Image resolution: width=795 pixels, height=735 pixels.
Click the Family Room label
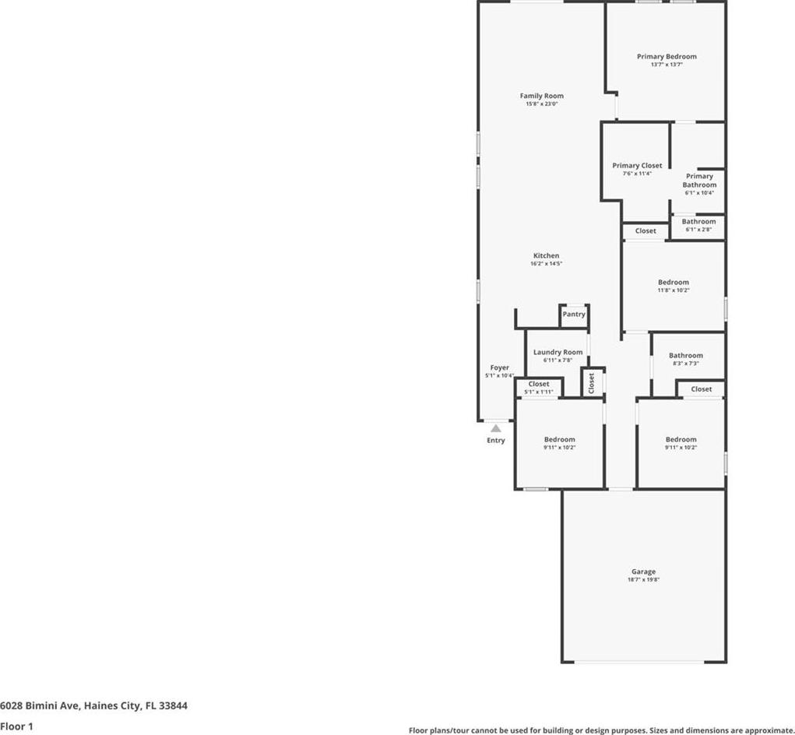tap(541, 96)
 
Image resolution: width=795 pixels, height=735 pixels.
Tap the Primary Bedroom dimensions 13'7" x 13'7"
tap(667, 65)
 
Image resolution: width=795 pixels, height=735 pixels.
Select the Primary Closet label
tap(637, 165)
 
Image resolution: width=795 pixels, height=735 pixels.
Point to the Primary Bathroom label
tap(699, 181)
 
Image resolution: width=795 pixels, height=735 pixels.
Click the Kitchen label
tap(546, 255)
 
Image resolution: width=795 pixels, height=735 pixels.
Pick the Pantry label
tap(574, 315)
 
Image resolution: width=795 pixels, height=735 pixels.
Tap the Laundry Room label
tap(558, 352)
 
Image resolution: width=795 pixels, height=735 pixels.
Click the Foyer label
tap(499, 367)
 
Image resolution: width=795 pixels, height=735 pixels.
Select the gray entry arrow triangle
tap(496, 428)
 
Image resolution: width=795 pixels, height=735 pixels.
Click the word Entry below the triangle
tap(496, 440)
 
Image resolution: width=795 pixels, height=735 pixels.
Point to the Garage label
tap(643, 571)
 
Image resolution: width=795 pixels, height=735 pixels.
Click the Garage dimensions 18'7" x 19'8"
tap(643, 580)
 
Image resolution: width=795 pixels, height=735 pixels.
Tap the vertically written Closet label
tap(591, 383)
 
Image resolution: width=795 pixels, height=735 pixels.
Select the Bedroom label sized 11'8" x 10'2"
tap(674, 283)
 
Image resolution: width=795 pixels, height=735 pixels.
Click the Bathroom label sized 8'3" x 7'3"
tap(686, 355)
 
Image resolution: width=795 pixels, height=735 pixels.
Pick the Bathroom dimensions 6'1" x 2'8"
tap(698, 230)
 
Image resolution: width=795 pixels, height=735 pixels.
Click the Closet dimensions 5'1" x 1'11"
tap(539, 392)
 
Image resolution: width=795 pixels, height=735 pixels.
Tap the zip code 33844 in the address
tap(173, 705)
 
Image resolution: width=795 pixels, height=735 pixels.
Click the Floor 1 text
tap(16, 726)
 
